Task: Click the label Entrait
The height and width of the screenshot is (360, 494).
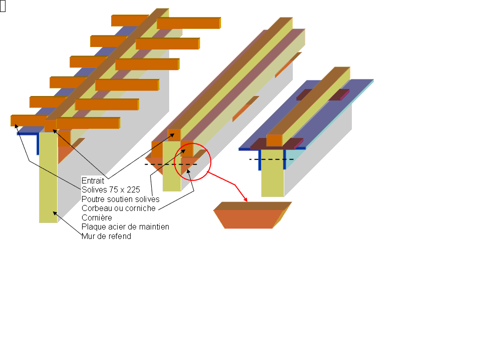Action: (93, 180)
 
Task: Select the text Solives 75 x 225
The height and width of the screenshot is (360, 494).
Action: (111, 190)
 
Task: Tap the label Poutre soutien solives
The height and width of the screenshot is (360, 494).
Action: (120, 199)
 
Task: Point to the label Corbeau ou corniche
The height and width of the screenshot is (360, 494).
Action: (119, 208)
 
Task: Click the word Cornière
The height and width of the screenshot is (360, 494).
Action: (97, 218)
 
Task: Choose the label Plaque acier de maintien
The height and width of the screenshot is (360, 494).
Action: (125, 227)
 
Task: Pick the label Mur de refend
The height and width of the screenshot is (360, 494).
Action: (106, 236)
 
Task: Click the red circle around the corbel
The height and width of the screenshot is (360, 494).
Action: (174, 162)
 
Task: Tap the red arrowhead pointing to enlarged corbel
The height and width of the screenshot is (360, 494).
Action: (245, 199)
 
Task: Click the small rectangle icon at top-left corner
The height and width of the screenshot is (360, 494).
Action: (3, 6)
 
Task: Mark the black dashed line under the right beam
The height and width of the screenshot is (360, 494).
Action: (271, 159)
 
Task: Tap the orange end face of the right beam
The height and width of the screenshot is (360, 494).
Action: (274, 140)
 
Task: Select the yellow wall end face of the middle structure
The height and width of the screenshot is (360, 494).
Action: (172, 166)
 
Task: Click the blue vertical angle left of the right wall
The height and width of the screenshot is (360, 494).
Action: (260, 160)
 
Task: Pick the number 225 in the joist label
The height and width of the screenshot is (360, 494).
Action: (133, 190)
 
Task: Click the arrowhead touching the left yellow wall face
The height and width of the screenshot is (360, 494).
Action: (55, 213)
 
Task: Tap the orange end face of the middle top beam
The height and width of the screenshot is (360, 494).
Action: (174, 135)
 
